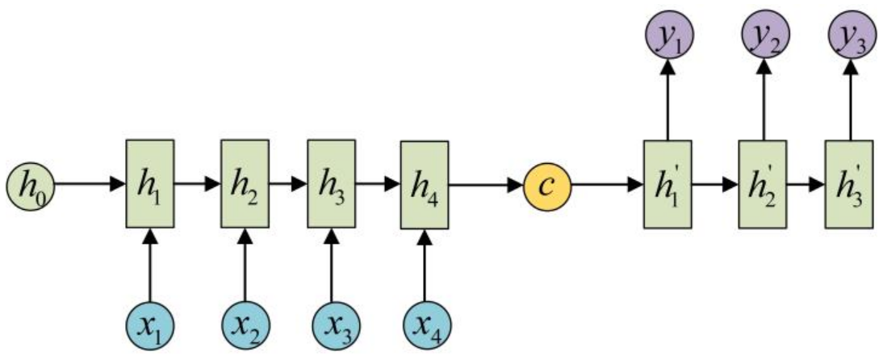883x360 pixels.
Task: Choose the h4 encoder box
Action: click(425, 185)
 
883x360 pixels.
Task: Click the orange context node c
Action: click(547, 185)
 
